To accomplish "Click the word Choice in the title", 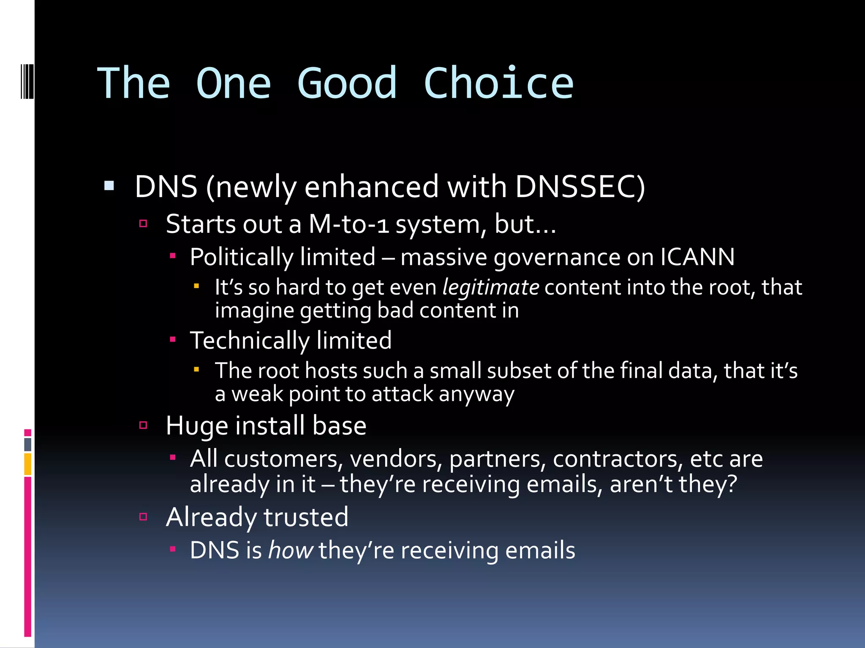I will click(x=498, y=84).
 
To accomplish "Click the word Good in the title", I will click(x=347, y=84).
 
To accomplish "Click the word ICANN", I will click(x=697, y=257).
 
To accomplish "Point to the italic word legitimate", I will click(x=490, y=288).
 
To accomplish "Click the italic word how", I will click(x=290, y=551).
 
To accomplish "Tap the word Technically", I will click(x=249, y=340).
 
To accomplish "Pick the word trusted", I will click(x=305, y=517).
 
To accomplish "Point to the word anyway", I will click(x=476, y=394).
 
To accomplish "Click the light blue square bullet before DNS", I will click(x=109, y=186).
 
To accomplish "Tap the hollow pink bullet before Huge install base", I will click(x=143, y=425).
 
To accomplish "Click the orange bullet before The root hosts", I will click(x=196, y=369).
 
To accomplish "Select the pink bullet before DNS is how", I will click(x=172, y=549).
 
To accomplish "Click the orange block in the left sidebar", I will click(x=28, y=464).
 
